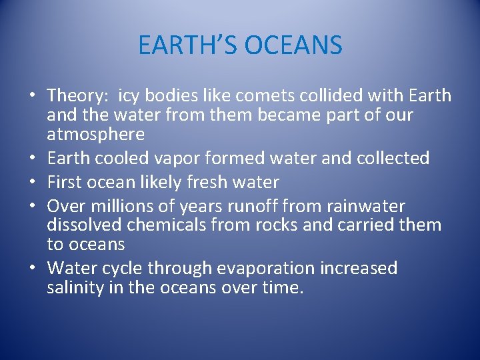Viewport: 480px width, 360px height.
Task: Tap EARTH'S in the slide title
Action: [189, 46]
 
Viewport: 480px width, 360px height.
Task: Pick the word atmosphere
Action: [95, 134]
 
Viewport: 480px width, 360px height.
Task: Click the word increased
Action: [359, 269]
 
